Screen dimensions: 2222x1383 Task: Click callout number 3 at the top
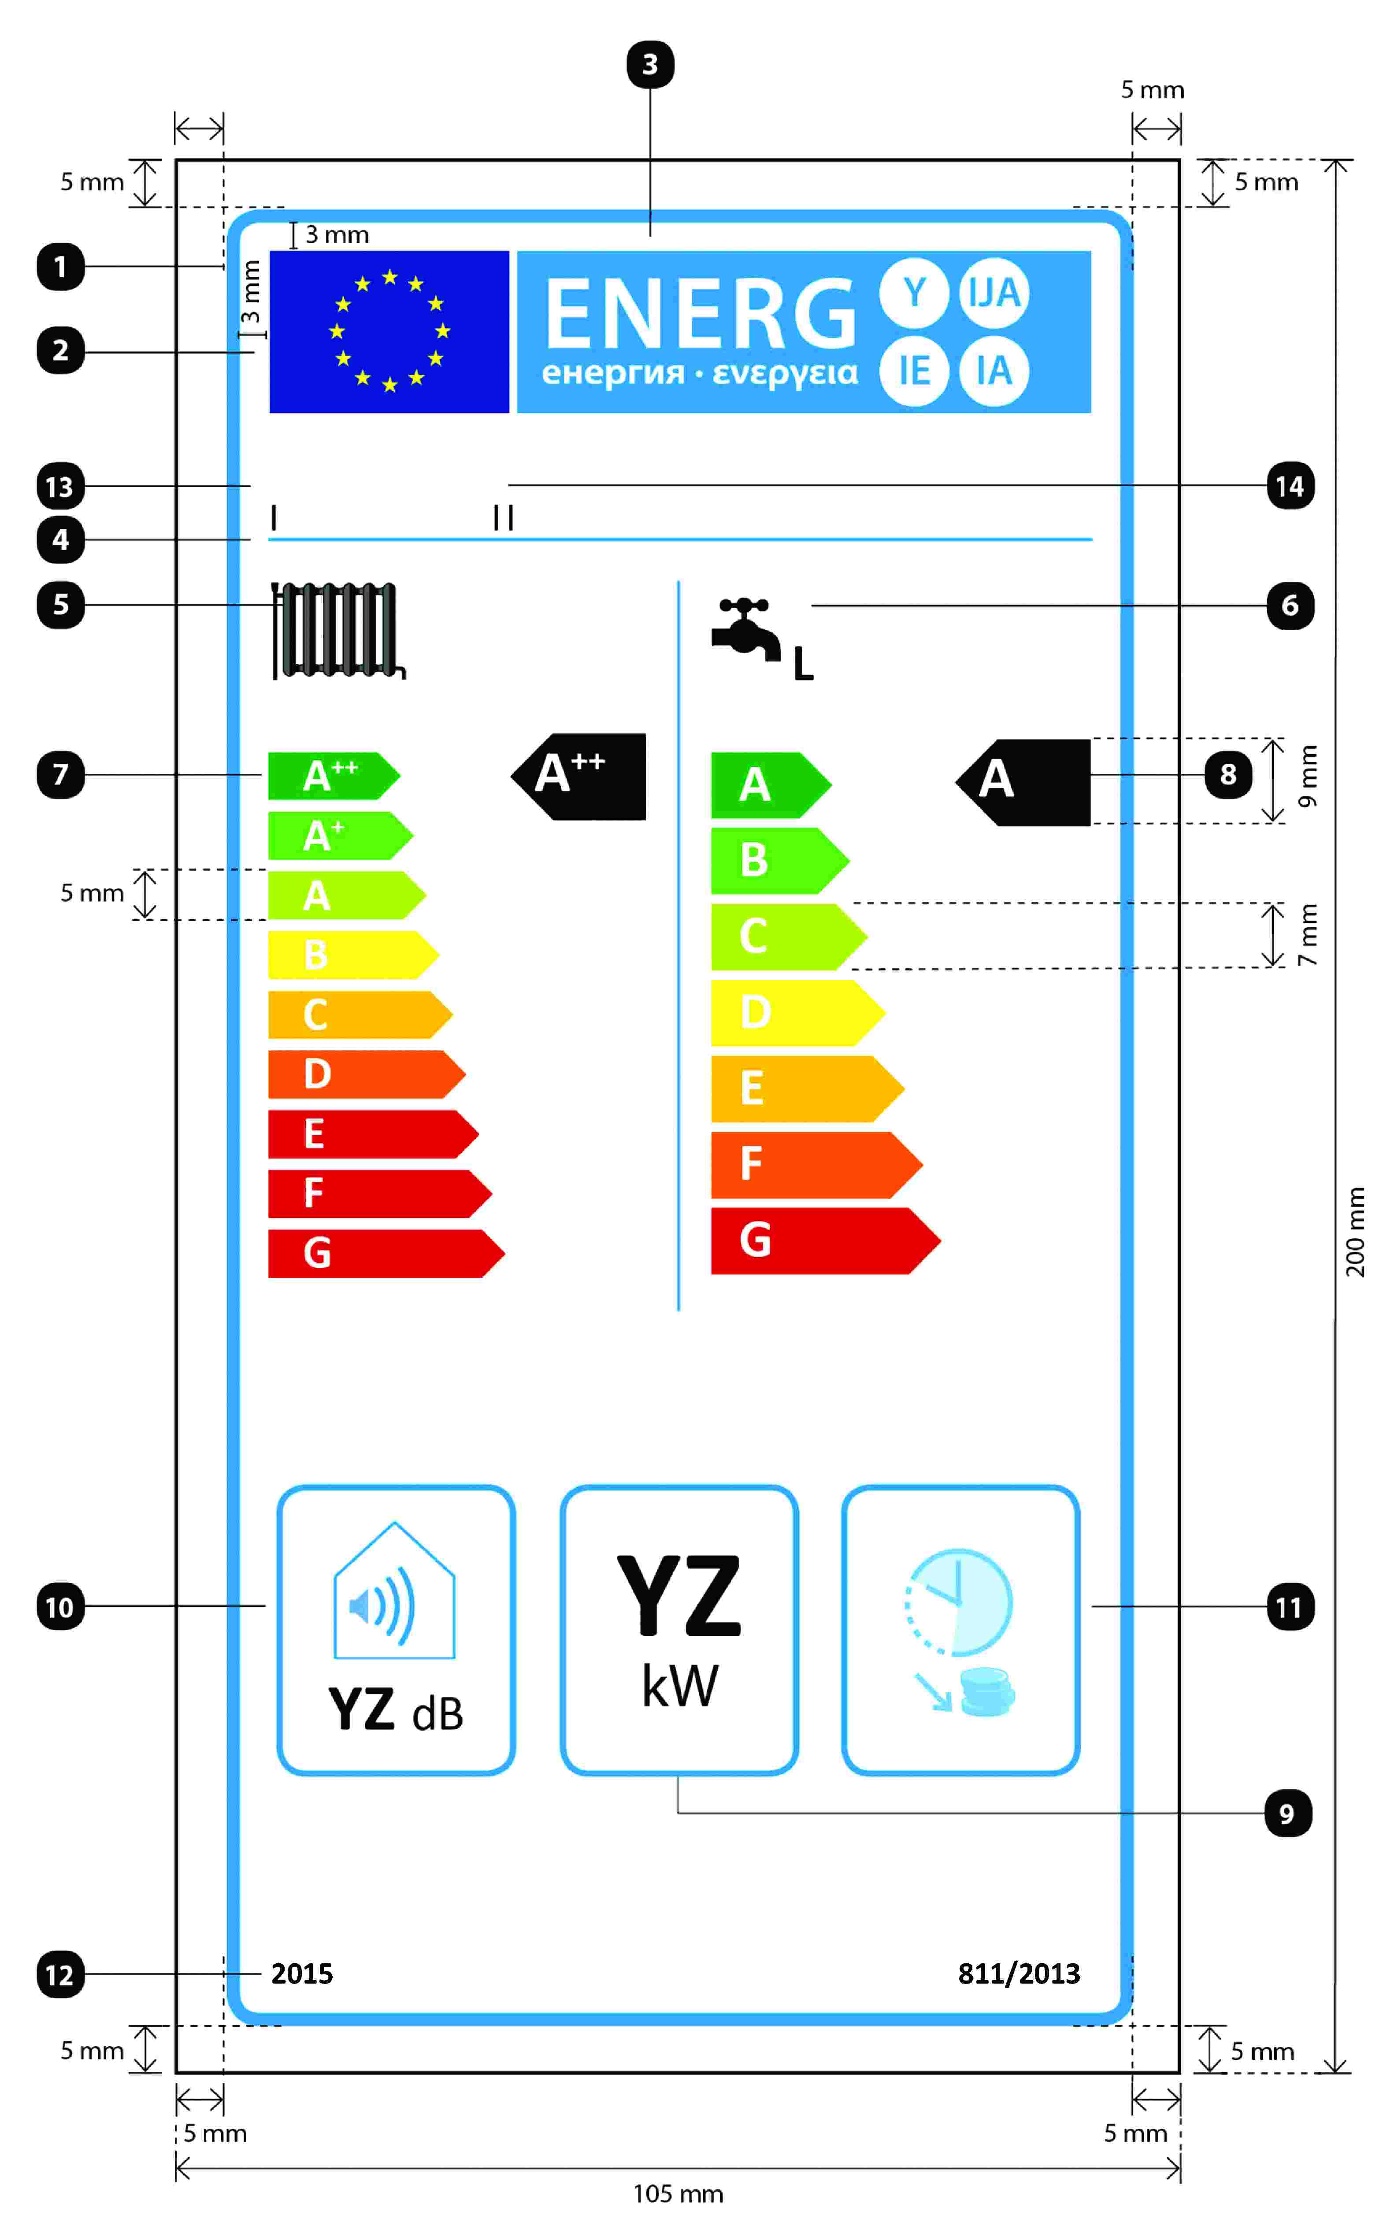[x=649, y=64]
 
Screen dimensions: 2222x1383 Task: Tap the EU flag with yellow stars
[x=389, y=331]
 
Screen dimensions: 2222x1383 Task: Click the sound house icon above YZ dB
[x=394, y=1592]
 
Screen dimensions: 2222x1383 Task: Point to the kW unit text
[x=680, y=1685]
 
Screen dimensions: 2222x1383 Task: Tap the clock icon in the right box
[x=959, y=1603]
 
